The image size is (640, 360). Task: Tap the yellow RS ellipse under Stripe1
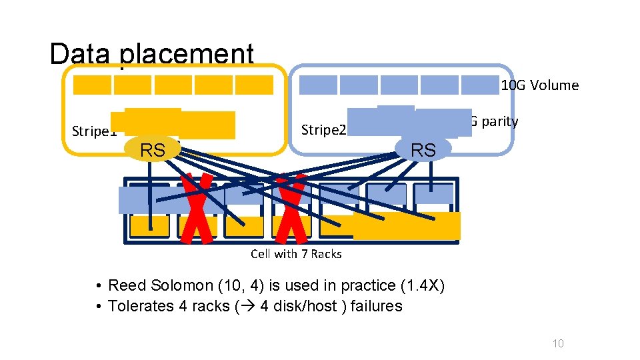click(x=153, y=151)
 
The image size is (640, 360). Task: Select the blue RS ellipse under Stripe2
click(x=423, y=150)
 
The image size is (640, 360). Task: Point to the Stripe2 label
click(x=324, y=129)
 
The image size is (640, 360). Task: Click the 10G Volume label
click(x=539, y=85)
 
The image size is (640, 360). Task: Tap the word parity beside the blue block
click(x=497, y=121)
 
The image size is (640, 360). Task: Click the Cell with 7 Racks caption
click(x=296, y=253)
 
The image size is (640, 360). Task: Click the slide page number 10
click(x=558, y=343)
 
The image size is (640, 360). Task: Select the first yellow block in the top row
click(x=92, y=85)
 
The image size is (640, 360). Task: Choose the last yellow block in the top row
click(x=254, y=85)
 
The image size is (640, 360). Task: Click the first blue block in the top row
click(x=318, y=85)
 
